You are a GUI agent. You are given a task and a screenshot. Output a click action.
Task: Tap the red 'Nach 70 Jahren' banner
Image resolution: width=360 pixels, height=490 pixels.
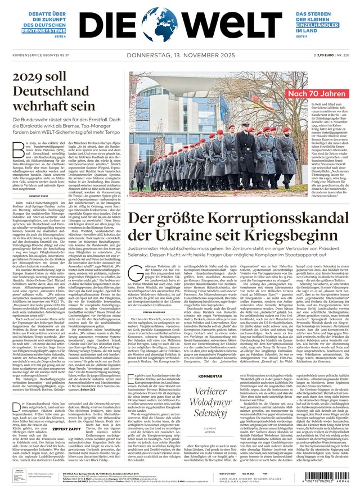318,94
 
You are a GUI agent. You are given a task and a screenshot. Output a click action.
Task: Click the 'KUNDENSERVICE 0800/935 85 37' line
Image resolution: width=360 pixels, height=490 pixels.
41,56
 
